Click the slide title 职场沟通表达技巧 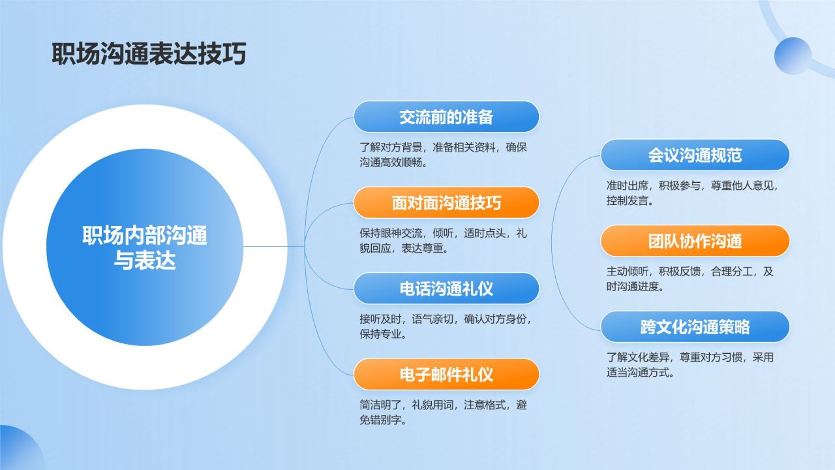tap(149, 54)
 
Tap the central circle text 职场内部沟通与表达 tap(145, 247)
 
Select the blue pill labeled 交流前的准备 tap(446, 117)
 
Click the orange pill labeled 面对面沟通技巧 tap(446, 202)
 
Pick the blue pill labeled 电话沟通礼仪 tap(446, 288)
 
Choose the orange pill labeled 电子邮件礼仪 tap(446, 374)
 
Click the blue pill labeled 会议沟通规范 tap(695, 155)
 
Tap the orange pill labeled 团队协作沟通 tap(695, 241)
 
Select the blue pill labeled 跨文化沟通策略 tap(695, 326)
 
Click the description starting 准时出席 tap(692, 193)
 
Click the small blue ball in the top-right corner tap(793, 55)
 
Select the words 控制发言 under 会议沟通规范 tap(630, 201)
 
